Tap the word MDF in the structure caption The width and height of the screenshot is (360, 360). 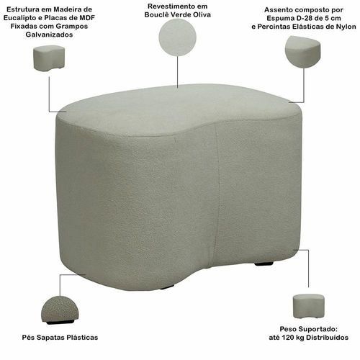87,18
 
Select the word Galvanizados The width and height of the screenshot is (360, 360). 49,35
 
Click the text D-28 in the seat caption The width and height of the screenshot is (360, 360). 302,18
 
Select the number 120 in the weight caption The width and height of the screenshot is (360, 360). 287,338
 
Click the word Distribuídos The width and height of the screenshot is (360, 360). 328,338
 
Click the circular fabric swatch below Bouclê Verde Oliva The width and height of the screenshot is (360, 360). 178,37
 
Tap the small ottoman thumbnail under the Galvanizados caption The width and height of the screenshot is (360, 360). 49,58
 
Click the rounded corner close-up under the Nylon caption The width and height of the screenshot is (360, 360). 303,52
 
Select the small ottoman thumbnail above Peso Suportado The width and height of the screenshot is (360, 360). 309,306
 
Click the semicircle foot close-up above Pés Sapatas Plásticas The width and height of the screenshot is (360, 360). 60,310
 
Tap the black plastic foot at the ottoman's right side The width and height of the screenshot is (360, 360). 264,264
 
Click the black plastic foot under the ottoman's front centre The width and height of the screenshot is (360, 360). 167,287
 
